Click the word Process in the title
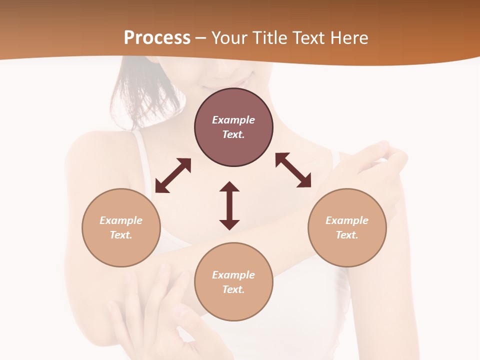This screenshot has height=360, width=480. tap(157, 37)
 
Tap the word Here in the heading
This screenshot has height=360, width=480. tap(349, 37)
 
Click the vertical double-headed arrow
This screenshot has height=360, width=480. tap(229, 205)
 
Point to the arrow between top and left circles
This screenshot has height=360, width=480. tap(173, 175)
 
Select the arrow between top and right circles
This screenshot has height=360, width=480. tap(293, 170)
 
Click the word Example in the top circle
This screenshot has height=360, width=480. tap(233, 120)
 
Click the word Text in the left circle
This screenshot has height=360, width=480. tap(121, 235)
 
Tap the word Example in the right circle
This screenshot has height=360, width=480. tap(347, 220)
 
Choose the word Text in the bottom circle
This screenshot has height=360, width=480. tap(233, 289)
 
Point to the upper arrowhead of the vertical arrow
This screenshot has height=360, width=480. tap(229, 186)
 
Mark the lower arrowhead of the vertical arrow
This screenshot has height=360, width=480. tap(229, 224)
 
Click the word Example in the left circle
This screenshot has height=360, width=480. tap(121, 220)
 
